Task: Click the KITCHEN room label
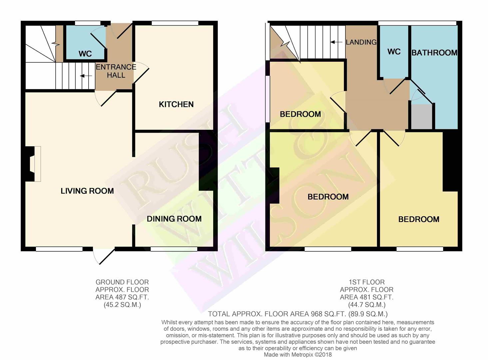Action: click(176, 104)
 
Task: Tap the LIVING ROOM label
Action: click(87, 191)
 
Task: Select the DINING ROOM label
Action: click(174, 219)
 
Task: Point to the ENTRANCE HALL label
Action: click(116, 71)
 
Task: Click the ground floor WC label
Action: click(85, 54)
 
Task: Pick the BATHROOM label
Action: click(434, 53)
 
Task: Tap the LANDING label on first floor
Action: click(361, 42)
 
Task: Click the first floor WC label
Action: click(394, 52)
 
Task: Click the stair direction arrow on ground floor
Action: click(86, 76)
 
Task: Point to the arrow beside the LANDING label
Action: click(336, 42)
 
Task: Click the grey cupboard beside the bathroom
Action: click(422, 116)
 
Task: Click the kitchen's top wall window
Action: click(175, 23)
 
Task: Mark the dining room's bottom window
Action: click(174, 249)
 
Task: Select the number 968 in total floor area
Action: click(316, 314)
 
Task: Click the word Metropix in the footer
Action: click(302, 355)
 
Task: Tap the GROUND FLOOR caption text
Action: click(122, 282)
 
